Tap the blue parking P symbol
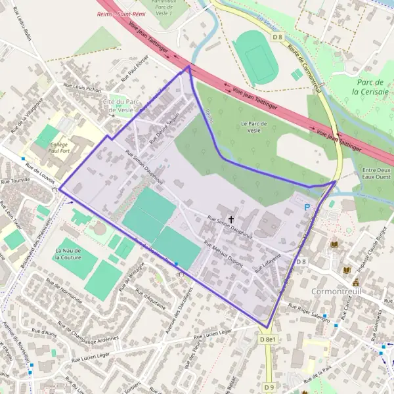tap(307, 206)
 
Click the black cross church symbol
tap(231, 219)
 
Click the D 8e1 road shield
tap(267, 339)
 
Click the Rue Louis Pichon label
tap(82, 88)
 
